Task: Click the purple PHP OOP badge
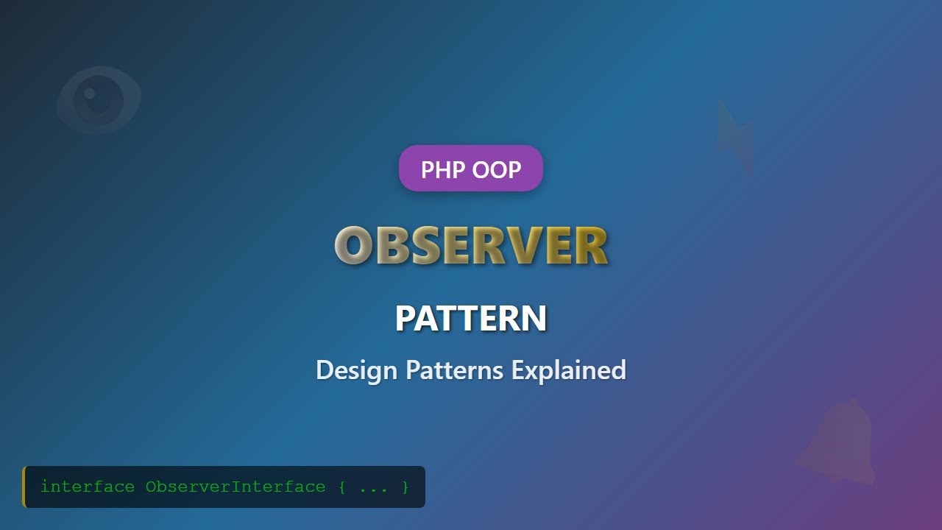click(x=471, y=169)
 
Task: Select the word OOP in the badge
click(x=497, y=169)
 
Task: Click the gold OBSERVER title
click(x=471, y=245)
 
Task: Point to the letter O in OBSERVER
click(x=352, y=245)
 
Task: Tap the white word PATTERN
click(x=471, y=319)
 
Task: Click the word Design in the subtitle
click(x=357, y=370)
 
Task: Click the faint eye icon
click(x=99, y=99)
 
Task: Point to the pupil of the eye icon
click(x=91, y=94)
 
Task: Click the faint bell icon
click(x=839, y=442)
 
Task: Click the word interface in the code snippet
click(x=88, y=487)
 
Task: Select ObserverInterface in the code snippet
click(x=235, y=487)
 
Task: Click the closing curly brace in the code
click(x=405, y=487)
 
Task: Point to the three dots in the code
click(x=373, y=488)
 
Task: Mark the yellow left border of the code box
click(x=24, y=487)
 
